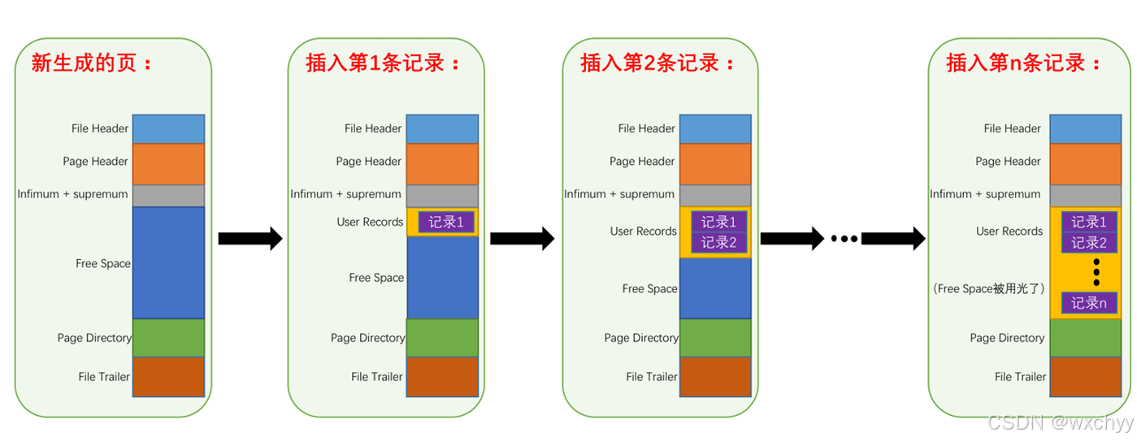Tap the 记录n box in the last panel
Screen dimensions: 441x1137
pos(1089,303)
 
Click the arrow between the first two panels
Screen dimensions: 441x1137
pos(250,238)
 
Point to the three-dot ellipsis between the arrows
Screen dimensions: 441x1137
pos(844,239)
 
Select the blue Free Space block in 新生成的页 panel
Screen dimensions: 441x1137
pos(168,262)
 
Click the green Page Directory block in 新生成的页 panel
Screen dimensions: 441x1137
pos(168,338)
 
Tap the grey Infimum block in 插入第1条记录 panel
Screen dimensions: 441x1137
pos(442,196)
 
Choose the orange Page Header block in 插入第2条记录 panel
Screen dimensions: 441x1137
pos(715,163)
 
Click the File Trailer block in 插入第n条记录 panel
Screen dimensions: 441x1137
pos(1086,376)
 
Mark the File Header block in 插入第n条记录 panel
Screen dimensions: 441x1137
pos(1086,129)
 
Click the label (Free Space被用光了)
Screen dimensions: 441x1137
pos(988,288)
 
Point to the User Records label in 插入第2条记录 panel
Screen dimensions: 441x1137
pos(644,231)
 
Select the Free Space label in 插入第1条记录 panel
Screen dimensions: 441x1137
pos(376,278)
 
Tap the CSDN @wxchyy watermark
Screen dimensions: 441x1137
pos(1059,422)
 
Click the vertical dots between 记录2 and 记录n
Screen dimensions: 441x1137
pos(1096,273)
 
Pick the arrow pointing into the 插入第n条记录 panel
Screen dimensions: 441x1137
pos(892,238)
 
